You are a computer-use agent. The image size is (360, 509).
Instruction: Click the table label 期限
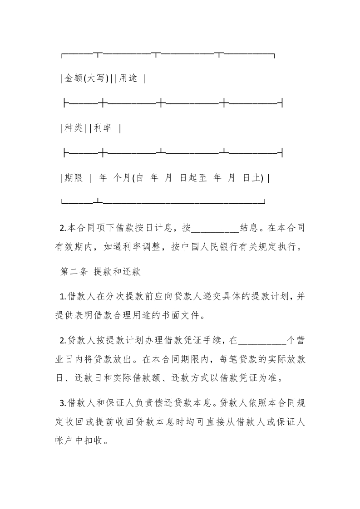(73, 178)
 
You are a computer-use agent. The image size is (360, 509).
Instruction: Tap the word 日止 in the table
(253, 178)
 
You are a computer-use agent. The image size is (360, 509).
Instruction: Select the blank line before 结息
(215, 228)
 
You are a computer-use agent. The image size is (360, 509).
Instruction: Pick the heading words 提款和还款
(118, 272)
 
